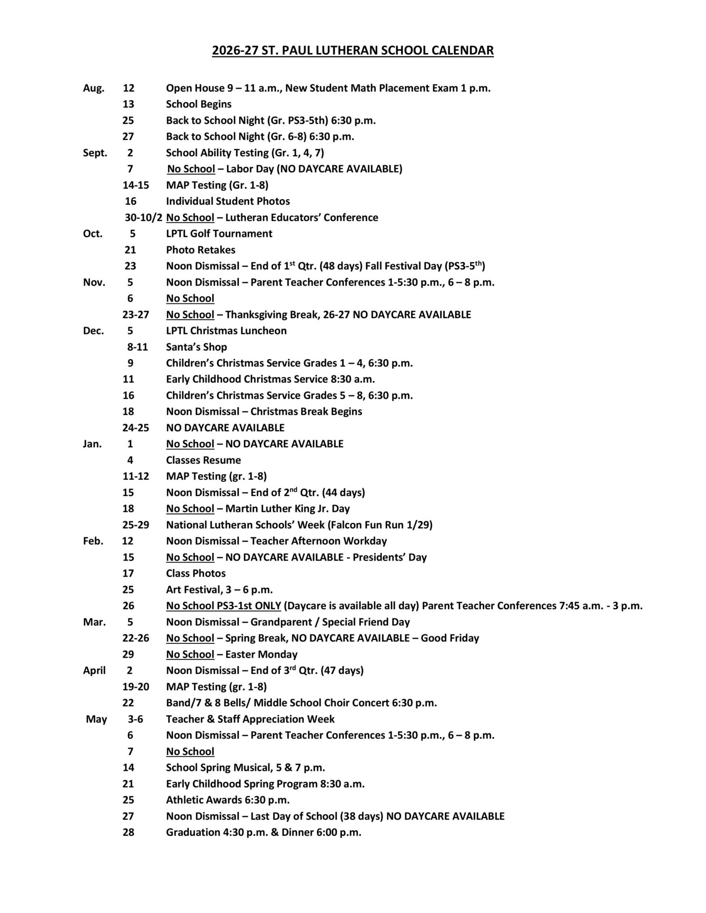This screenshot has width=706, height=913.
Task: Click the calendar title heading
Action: (x=353, y=50)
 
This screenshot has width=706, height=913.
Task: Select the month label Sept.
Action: (x=95, y=153)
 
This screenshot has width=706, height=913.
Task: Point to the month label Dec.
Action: (x=93, y=330)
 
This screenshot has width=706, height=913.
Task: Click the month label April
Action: (x=94, y=670)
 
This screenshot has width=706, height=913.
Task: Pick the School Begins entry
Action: (x=198, y=104)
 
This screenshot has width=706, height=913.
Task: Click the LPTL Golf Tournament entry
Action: (x=219, y=233)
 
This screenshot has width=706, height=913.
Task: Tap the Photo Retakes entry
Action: (x=200, y=250)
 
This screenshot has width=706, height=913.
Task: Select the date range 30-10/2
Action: (x=144, y=217)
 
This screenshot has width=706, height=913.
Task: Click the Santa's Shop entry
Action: (x=196, y=347)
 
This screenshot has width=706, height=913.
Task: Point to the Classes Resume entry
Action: (x=203, y=460)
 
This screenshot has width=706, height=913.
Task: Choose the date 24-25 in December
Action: (x=136, y=427)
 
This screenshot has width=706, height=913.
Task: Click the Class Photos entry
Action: (x=196, y=573)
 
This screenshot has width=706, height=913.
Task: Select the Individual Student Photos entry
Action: (x=227, y=201)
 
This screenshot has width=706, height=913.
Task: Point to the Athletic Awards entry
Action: (x=227, y=800)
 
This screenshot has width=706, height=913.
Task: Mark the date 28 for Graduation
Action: (x=128, y=832)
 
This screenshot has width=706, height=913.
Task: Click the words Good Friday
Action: (x=450, y=638)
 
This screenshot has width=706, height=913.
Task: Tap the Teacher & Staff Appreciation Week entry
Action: (x=250, y=719)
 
